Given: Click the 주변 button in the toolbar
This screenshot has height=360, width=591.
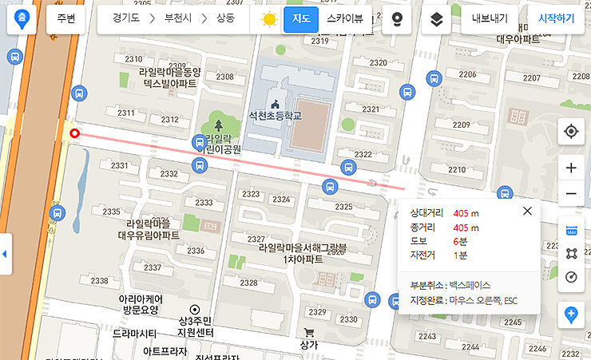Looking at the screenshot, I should click(x=66, y=18).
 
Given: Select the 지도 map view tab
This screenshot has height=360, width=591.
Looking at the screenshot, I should click(x=301, y=18).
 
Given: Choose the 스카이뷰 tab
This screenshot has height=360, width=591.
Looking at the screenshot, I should click(x=344, y=18).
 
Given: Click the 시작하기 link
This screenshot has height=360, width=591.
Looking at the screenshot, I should click(x=556, y=18).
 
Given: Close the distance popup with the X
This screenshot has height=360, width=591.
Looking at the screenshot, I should click(x=527, y=211).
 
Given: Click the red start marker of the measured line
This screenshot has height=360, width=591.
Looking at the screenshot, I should click(x=74, y=133).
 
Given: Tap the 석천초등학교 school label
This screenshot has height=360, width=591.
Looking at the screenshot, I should click(x=275, y=115).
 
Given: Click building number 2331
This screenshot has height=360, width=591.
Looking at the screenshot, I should click(x=120, y=165).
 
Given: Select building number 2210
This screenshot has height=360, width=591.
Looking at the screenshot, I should click(x=457, y=169).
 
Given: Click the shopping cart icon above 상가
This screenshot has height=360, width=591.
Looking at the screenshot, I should click(x=309, y=333).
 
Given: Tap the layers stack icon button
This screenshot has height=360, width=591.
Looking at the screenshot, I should click(x=437, y=19).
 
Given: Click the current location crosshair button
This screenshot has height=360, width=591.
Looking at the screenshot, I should click(x=570, y=131).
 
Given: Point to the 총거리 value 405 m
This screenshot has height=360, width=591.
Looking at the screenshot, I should click(x=466, y=227).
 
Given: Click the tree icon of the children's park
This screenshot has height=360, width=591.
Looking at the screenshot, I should click(x=219, y=124).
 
